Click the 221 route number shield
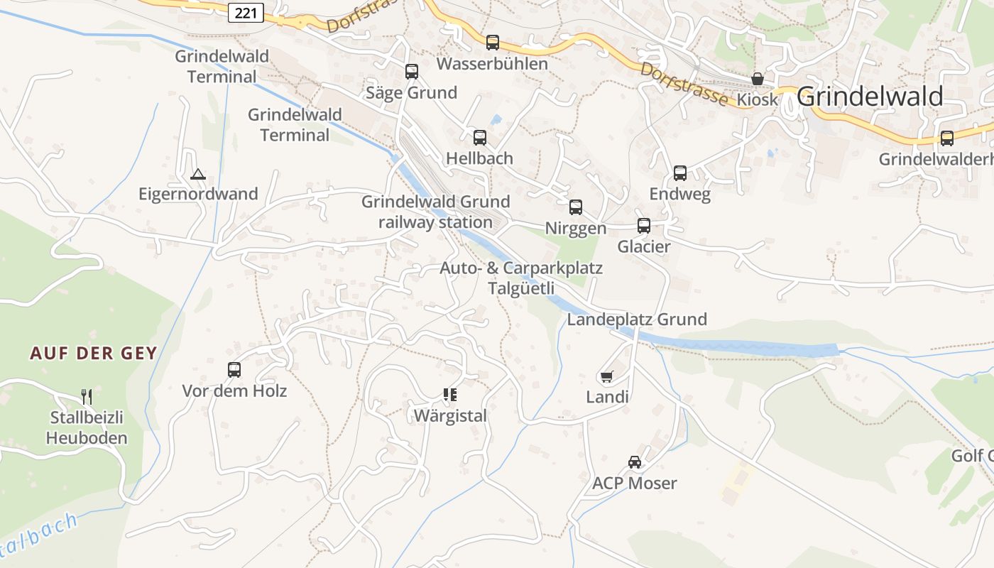[246, 12]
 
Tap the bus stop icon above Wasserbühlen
[493, 43]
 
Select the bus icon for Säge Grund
[412, 72]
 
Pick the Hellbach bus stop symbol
[480, 138]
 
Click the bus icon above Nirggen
[576, 207]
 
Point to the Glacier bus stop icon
[644, 226]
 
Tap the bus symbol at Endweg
[680, 173]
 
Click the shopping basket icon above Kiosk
[758, 79]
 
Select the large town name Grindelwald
[870, 97]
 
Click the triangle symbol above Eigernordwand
[198, 174]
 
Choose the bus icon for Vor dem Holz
[234, 370]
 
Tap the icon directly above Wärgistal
[449, 395]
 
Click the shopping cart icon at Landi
[606, 376]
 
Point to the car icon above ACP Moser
[635, 462]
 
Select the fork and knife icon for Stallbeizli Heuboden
[87, 396]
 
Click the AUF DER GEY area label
[93, 354]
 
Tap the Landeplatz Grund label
[637, 319]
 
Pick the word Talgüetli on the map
[520, 288]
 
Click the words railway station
[435, 222]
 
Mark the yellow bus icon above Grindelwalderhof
[947, 138]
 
